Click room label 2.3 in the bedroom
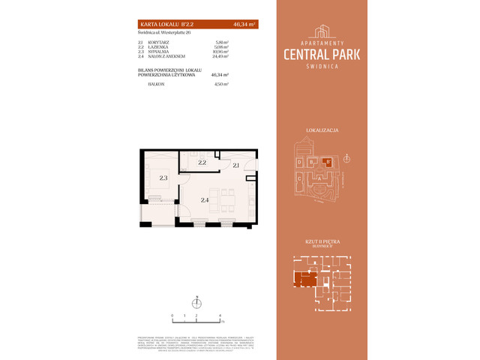162,178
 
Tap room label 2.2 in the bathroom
202,161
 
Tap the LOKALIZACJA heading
322,130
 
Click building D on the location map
298,162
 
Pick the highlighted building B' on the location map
326,160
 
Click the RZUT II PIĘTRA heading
322,240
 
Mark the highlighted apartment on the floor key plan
303,280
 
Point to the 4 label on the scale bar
219,316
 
